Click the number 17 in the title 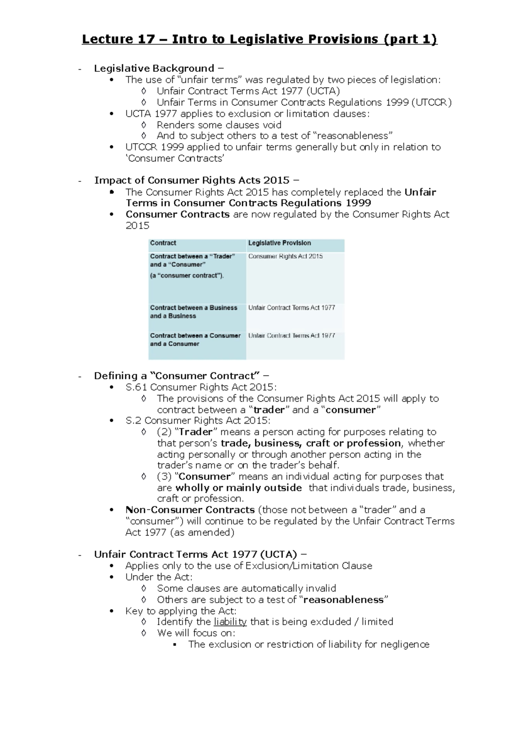pyautogui.click(x=146, y=39)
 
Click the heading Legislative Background pyautogui.click(x=154, y=68)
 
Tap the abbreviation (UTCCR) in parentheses pyautogui.click(x=431, y=102)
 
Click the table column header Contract pyautogui.click(x=163, y=243)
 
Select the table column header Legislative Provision pyautogui.click(x=279, y=243)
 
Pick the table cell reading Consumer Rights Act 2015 pyautogui.click(x=285, y=256)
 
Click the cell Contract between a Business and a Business pyautogui.click(x=193, y=312)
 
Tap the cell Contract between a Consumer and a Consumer pyautogui.click(x=195, y=339)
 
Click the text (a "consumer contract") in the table pyautogui.click(x=187, y=275)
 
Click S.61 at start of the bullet pyautogui.click(x=136, y=387)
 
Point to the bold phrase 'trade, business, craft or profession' pyautogui.click(x=311, y=443)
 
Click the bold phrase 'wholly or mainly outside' pyautogui.click(x=238, y=488)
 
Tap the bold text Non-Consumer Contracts pyautogui.click(x=190, y=510)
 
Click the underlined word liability pyautogui.click(x=230, y=622)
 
